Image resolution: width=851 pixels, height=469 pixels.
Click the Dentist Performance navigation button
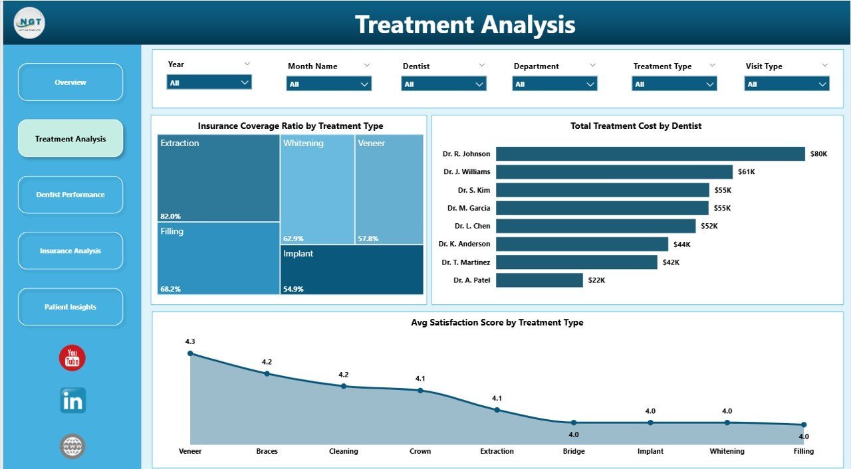70,195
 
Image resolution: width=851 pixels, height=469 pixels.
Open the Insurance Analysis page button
70,251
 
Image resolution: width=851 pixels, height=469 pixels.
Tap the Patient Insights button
70,307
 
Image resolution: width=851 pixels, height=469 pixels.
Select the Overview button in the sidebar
70,82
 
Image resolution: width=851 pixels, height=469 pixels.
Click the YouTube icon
72,358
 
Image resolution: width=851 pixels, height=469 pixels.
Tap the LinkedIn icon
72,401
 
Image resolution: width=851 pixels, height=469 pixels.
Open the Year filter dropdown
209,82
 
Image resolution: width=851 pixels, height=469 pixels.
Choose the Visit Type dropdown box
787,84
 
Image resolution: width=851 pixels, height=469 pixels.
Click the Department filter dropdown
554,84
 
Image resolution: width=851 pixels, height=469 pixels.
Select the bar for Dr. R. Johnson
650,154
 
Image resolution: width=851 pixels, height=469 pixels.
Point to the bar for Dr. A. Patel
539,280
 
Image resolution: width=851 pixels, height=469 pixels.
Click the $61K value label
747,172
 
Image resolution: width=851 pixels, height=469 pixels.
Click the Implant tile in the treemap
352,270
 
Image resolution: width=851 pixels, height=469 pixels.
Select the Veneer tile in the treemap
389,189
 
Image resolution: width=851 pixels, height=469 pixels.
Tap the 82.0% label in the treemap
170,216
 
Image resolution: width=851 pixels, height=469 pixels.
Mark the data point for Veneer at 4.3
190,353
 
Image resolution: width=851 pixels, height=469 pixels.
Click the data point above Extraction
497,410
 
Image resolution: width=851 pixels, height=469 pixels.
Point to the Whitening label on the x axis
727,451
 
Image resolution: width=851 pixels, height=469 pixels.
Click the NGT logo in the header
29,23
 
